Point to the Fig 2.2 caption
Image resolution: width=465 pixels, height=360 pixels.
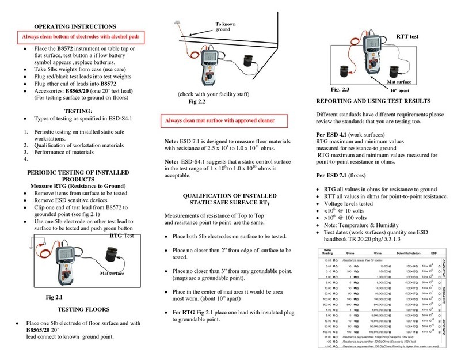197,102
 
